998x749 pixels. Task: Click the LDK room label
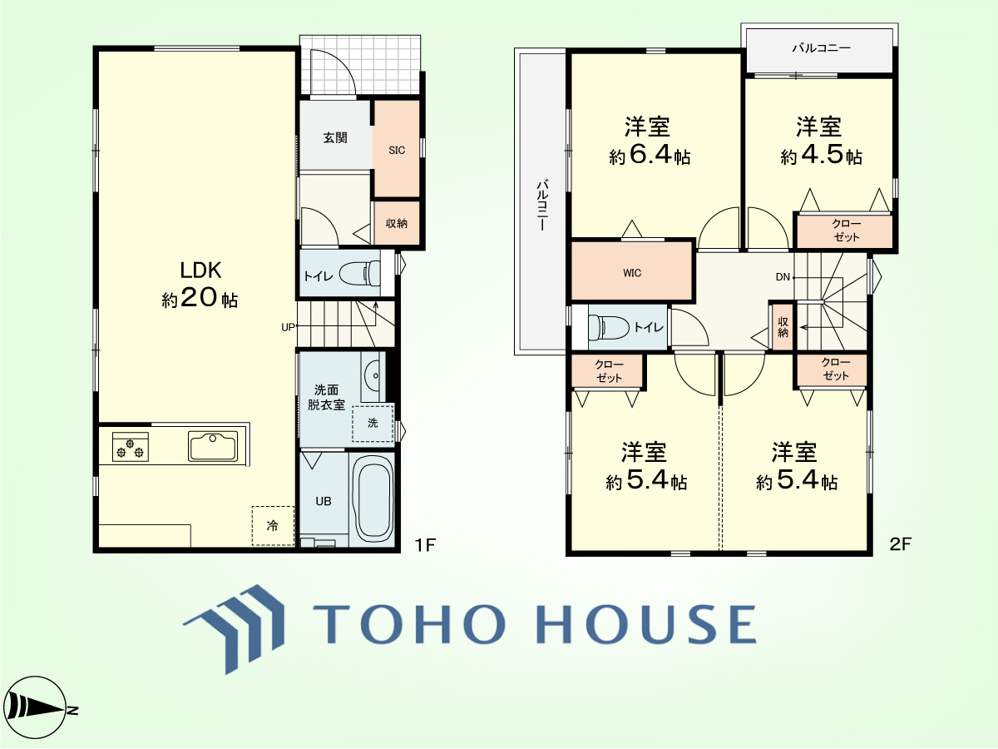(200, 270)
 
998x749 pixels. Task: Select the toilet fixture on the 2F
(608, 327)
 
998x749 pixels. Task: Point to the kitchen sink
(213, 446)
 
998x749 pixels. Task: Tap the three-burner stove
(131, 447)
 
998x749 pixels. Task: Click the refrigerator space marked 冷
(273, 526)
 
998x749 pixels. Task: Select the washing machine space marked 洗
(373, 423)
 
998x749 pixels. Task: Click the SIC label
(397, 151)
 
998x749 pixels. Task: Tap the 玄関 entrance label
(335, 137)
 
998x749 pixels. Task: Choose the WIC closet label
(632, 273)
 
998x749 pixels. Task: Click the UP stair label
(288, 327)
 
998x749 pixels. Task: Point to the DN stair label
(783, 277)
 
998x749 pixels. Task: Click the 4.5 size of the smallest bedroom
(823, 154)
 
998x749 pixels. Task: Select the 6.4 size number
(650, 155)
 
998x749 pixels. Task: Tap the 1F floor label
(425, 544)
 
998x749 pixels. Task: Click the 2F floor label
(900, 544)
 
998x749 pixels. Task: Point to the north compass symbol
(37, 710)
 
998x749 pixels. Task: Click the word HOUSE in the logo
(646, 623)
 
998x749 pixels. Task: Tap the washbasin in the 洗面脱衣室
(373, 376)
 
